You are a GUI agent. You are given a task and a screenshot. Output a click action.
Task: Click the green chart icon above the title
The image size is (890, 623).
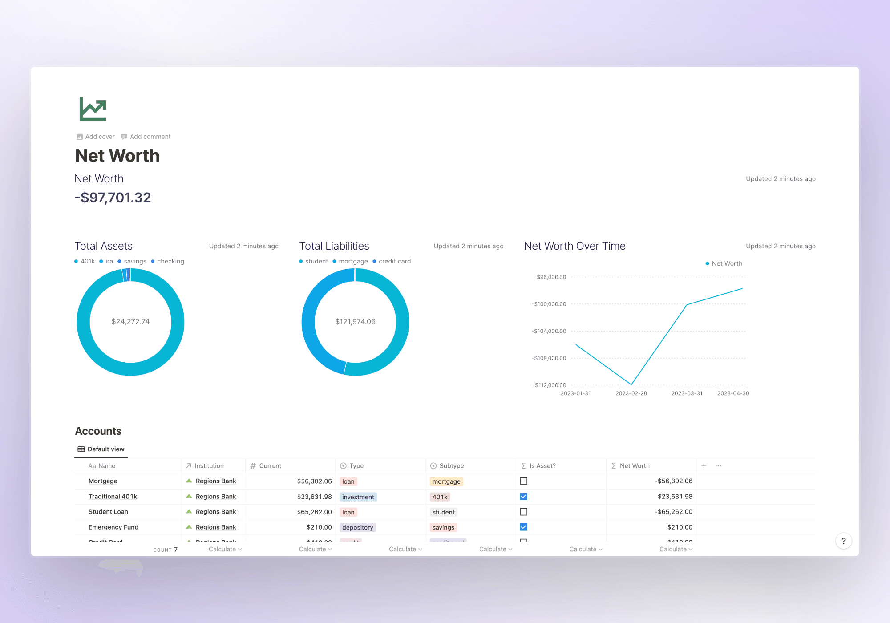pyautogui.click(x=93, y=109)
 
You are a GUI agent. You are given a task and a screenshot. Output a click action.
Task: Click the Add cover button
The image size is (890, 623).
pyautogui.click(x=96, y=137)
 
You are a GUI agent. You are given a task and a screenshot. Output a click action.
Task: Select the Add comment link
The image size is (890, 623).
pyautogui.click(x=146, y=137)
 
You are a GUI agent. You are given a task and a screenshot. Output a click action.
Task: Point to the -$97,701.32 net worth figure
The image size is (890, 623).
pyautogui.click(x=113, y=198)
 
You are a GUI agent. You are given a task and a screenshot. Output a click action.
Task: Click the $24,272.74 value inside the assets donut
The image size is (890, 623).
pyautogui.click(x=130, y=321)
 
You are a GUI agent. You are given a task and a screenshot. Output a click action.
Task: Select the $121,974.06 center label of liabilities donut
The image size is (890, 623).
pyautogui.click(x=355, y=321)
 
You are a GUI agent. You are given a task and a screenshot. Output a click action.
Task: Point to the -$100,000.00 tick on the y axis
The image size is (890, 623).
pyautogui.click(x=549, y=304)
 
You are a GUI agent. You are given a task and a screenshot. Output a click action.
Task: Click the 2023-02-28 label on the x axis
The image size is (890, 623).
pyautogui.click(x=631, y=393)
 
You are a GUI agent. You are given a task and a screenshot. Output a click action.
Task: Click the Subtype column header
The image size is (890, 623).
pyautogui.click(x=451, y=466)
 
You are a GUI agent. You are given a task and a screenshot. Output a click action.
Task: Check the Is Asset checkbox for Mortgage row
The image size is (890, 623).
pyautogui.click(x=524, y=481)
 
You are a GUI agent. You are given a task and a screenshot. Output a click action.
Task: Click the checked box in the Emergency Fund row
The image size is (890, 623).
pyautogui.click(x=524, y=527)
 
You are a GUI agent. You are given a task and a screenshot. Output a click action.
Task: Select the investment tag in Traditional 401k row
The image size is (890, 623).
pyautogui.click(x=358, y=497)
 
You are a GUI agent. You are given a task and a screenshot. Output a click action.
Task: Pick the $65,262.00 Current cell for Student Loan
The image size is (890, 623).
pyautogui.click(x=314, y=512)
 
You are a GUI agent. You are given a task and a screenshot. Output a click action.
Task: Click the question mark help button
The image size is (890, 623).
pyautogui.click(x=843, y=541)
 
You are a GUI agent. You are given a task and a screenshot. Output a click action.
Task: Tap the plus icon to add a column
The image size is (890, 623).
pyautogui.click(x=704, y=466)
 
